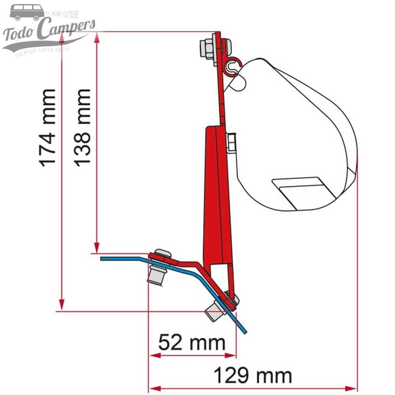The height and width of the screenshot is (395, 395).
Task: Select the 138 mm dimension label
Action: pyautogui.click(x=83, y=127)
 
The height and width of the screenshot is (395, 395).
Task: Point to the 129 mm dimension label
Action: pyautogui.click(x=253, y=375)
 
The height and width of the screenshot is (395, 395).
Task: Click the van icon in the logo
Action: pyautogui.click(x=27, y=12)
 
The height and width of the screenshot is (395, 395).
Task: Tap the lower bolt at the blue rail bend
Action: pyautogui.click(x=214, y=310)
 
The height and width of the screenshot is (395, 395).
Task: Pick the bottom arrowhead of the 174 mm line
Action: pyautogui.click(x=62, y=307)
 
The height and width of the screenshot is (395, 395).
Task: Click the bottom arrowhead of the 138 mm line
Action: pyautogui.click(x=96, y=247)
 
